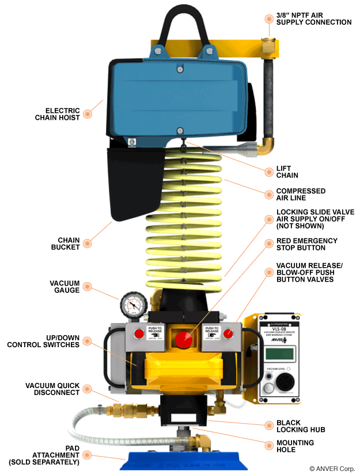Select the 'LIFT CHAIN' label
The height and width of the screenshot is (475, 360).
[287, 172]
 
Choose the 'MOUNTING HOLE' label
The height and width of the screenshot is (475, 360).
[295, 446]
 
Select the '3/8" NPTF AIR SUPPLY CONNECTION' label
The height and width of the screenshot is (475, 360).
[313, 18]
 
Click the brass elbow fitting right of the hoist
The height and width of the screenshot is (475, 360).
[266, 145]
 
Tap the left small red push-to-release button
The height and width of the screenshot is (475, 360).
[139, 333]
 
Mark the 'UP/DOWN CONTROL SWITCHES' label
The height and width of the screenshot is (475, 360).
[44, 341]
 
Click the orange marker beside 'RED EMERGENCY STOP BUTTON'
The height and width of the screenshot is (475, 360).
[268, 244]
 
